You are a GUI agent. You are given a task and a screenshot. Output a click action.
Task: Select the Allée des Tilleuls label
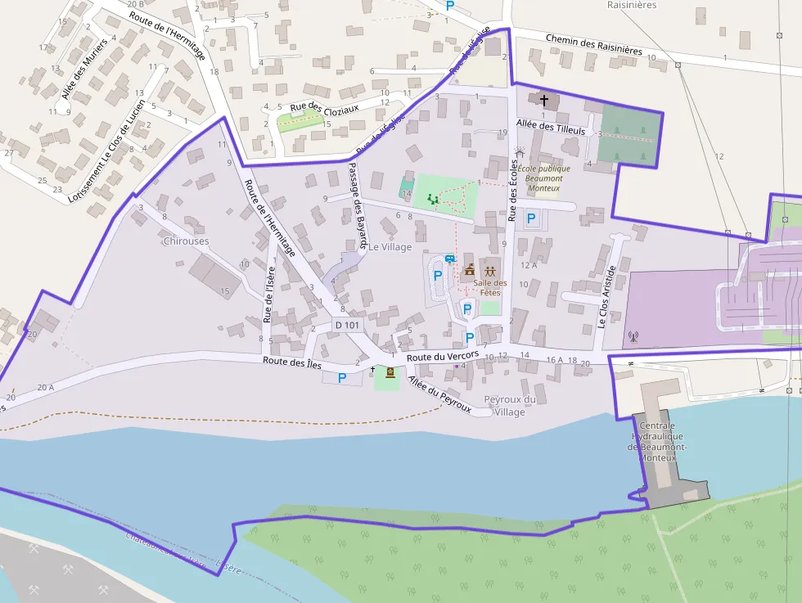[551, 128]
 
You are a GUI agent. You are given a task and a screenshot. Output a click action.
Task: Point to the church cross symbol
[543, 100]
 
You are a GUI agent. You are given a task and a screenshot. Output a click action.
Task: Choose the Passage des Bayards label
[357, 205]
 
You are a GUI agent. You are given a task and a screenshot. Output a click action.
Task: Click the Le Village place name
[390, 246]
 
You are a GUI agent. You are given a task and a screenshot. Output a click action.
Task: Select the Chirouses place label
[186, 241]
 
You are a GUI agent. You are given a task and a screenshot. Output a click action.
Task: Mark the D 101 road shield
[347, 325]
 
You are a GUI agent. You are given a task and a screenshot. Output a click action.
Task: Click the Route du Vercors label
[442, 358]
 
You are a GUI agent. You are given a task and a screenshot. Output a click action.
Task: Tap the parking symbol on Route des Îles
[342, 378]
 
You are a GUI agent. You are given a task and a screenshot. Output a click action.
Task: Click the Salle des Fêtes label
[490, 288]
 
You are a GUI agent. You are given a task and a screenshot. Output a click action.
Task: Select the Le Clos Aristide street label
[606, 295]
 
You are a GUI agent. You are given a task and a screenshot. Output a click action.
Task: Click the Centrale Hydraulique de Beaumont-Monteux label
[657, 442]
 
